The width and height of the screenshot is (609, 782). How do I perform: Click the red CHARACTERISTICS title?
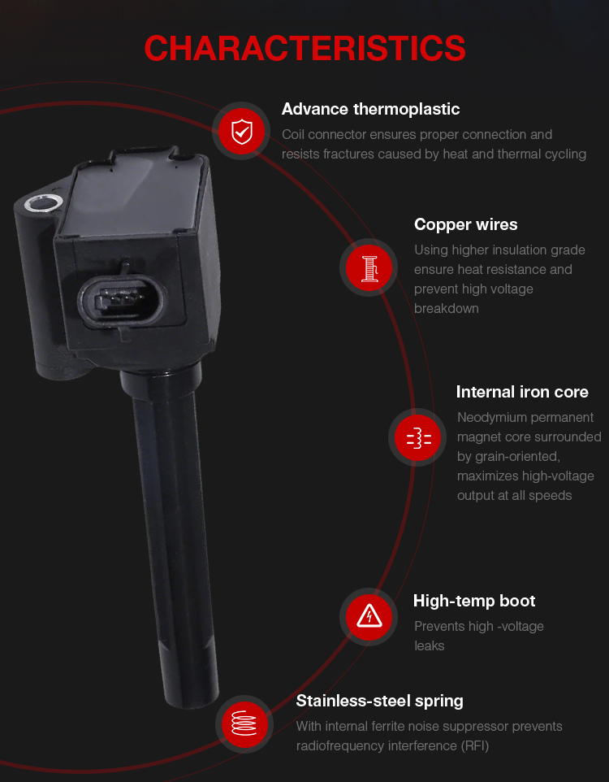(x=304, y=49)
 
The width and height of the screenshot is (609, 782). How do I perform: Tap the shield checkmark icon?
(x=242, y=132)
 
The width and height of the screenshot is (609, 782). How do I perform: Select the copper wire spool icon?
(x=369, y=267)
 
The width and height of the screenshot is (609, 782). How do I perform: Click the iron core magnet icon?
(x=418, y=438)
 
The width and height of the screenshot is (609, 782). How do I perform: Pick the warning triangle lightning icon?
(x=369, y=617)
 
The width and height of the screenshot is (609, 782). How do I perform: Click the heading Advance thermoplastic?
(x=370, y=109)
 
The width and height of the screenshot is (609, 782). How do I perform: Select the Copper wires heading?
(x=465, y=224)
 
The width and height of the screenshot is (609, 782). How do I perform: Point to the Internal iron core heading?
(x=522, y=392)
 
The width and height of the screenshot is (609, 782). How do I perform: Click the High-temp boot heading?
(x=474, y=601)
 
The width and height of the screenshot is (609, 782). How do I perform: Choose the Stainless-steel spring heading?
(x=380, y=702)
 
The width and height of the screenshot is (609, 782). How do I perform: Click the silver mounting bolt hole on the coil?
(x=43, y=203)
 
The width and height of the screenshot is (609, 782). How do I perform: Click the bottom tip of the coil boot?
(x=192, y=702)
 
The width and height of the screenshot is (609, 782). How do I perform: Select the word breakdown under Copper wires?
(x=447, y=309)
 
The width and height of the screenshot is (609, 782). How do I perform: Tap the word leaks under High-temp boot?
(x=429, y=646)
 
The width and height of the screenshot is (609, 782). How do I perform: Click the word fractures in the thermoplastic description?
(x=350, y=154)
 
